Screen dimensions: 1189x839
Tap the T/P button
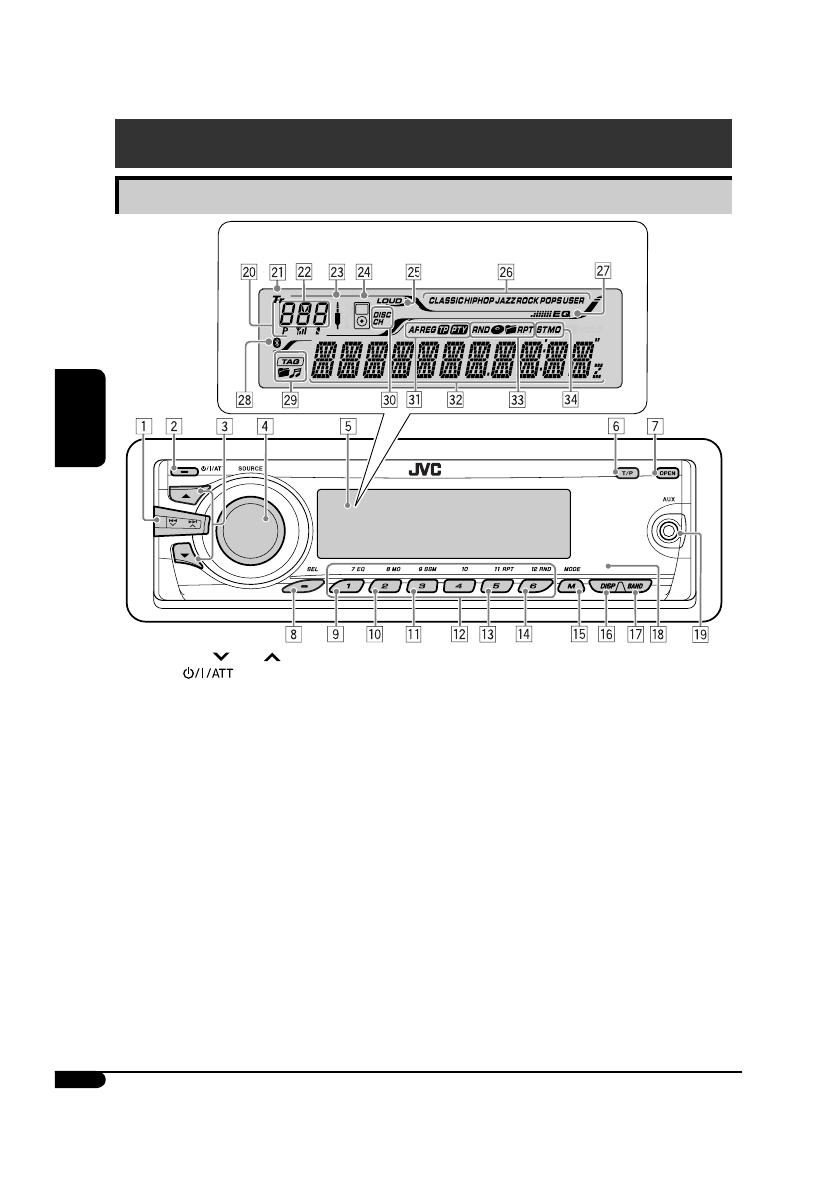pyautogui.click(x=626, y=472)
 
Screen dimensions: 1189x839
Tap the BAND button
pyautogui.click(x=640, y=588)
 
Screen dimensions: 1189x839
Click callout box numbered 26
pyautogui.click(x=506, y=270)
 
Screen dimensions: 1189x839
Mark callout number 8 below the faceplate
pyautogui.click(x=293, y=632)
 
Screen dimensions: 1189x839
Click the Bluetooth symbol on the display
pyautogui.click(x=277, y=345)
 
